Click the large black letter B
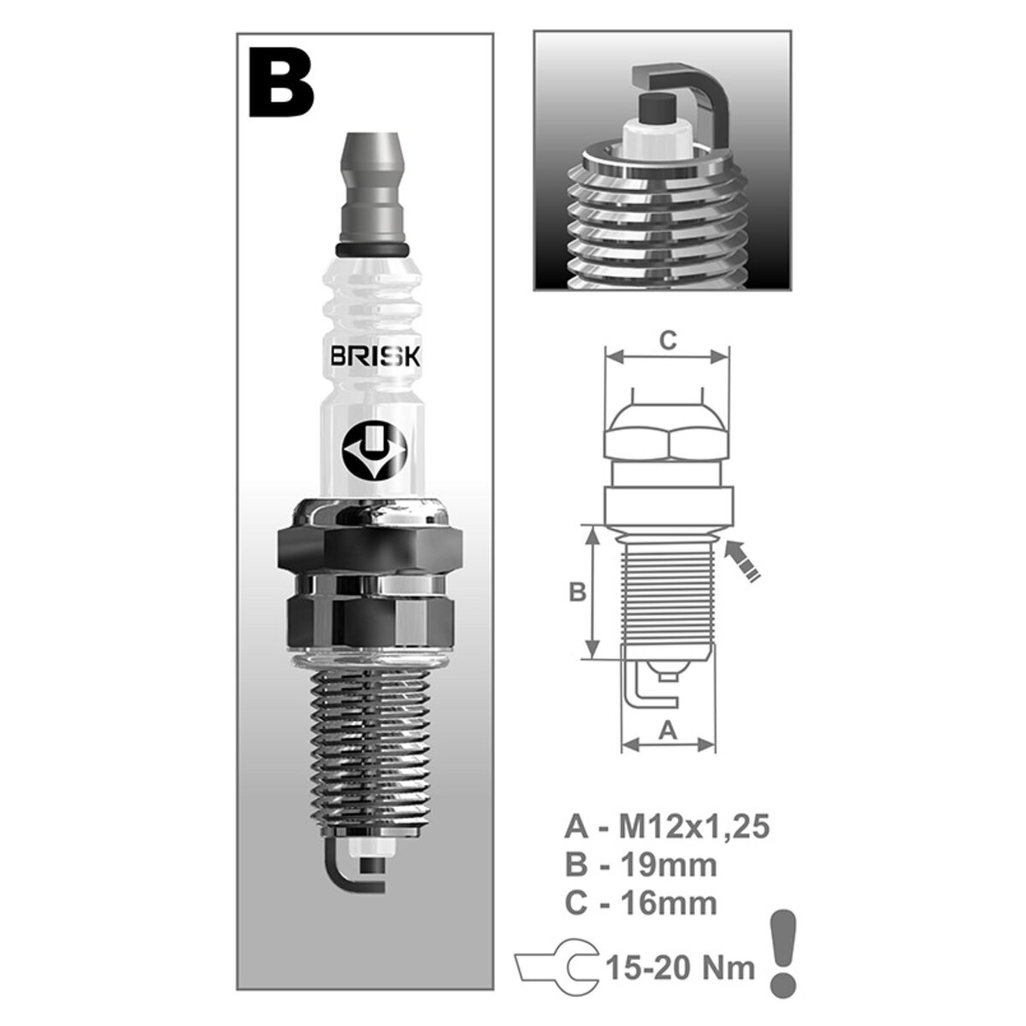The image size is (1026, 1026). [281, 84]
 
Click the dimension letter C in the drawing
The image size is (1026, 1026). [669, 340]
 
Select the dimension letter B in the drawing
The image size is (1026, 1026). [578, 591]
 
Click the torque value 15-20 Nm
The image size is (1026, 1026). [681, 968]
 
